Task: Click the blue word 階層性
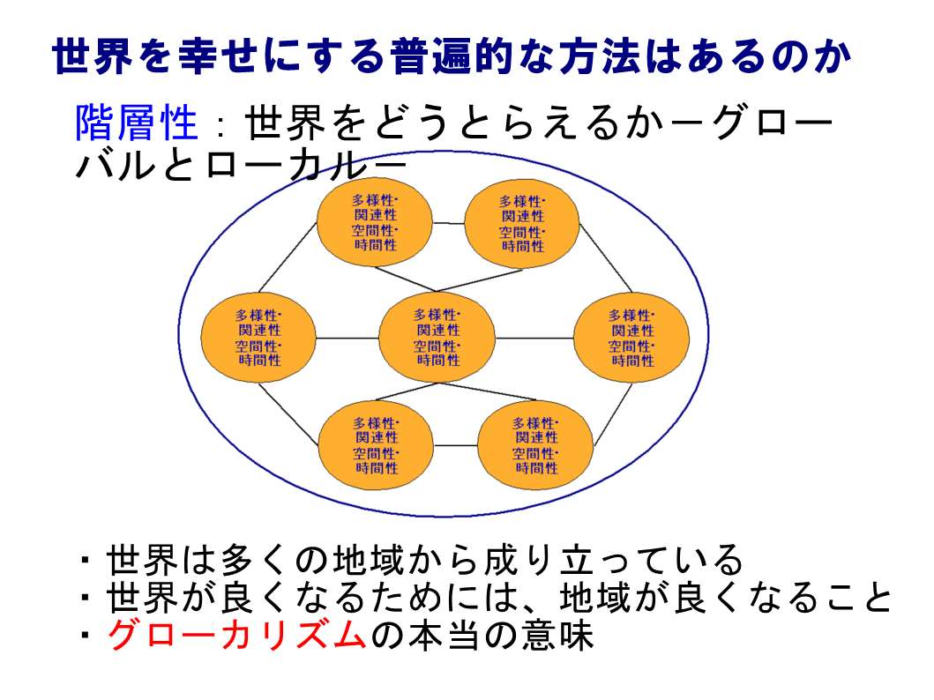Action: pyautogui.click(x=137, y=123)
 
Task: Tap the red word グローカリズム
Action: pyautogui.click(x=236, y=635)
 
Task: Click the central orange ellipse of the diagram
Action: pyautogui.click(x=437, y=338)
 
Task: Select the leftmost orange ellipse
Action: pyautogui.click(x=258, y=338)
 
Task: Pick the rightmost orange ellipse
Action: pyautogui.click(x=631, y=338)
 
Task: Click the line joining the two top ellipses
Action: pyautogui.click(x=449, y=224)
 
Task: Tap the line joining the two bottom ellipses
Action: pyautogui.click(x=456, y=445)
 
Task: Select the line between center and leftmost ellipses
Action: pyautogui.click(x=347, y=338)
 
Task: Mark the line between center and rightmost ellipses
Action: pyautogui.click(x=534, y=338)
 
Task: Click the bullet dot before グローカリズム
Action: pyautogui.click(x=86, y=636)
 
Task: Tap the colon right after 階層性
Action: pyautogui.click(x=221, y=126)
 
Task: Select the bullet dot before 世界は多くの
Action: pyautogui.click(x=86, y=561)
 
